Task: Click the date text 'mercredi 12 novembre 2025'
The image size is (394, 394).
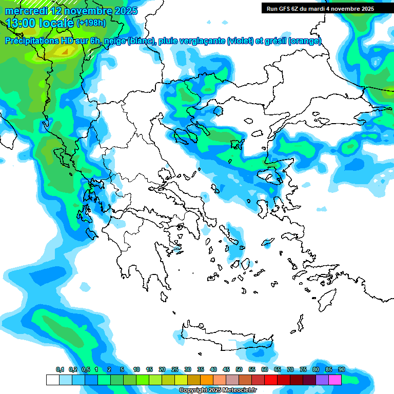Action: [x=71, y=11]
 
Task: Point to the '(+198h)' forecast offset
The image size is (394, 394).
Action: [x=91, y=23]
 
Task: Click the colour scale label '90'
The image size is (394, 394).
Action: [x=341, y=369]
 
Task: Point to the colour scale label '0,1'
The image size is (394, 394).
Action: [x=60, y=369]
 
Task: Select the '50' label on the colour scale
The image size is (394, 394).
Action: [x=239, y=369]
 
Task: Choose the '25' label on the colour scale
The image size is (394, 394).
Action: [x=175, y=369]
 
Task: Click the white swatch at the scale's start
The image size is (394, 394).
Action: [x=53, y=380]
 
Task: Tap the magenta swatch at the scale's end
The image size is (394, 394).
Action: [x=335, y=380]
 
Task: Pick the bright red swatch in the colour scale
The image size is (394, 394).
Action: [x=271, y=380]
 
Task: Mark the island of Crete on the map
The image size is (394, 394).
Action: [x=226, y=336]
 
